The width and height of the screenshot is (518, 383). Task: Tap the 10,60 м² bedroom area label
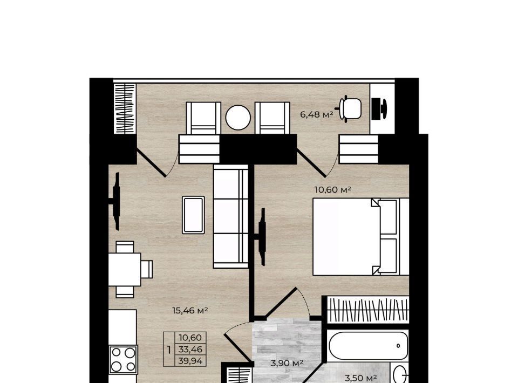332,190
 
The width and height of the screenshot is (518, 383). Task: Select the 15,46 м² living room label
190,310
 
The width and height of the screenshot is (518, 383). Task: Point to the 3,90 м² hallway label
287,363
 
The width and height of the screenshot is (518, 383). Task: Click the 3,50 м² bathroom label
361,378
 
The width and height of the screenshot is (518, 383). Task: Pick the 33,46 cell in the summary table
190,349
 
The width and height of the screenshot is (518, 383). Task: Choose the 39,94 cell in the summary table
190,360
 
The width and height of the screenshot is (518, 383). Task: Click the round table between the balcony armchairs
238,118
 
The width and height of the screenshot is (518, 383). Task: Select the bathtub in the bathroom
369,346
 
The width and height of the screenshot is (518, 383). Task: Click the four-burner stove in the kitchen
123,360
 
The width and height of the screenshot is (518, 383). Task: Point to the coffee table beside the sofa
193,215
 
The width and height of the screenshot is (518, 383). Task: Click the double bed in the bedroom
361,236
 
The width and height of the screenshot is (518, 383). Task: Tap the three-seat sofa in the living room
231,216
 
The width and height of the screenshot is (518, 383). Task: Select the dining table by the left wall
125,269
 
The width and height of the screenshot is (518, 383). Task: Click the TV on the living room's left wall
115,201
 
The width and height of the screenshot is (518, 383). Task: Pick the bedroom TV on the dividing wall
261,236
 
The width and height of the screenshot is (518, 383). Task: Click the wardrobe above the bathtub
367,310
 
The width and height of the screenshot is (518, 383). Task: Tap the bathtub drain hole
398,346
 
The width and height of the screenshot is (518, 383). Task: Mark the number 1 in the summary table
169,350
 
